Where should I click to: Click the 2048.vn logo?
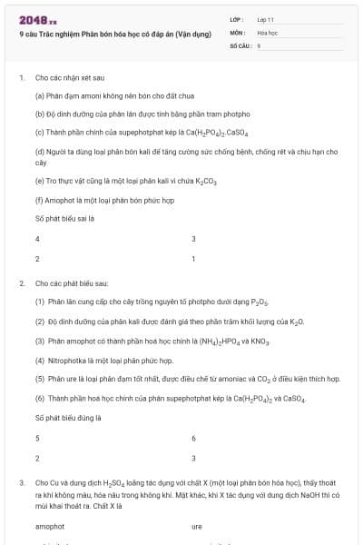(37, 19)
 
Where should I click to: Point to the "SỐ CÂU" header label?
(240, 45)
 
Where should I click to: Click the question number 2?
(21, 284)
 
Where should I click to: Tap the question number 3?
(21, 483)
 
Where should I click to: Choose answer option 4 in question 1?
(37, 239)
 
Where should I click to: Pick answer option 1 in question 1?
(193, 259)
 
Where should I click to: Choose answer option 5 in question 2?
(37, 438)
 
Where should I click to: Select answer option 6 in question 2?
(193, 438)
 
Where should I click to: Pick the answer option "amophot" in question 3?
(50, 526)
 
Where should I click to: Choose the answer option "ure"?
(197, 526)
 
